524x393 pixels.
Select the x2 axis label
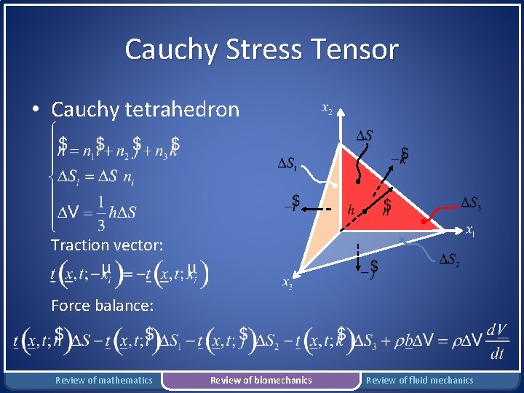327,109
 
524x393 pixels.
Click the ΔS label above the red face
364,135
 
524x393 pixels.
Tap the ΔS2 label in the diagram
448,260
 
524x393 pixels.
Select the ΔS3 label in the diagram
471,203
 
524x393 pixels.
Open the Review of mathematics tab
104,380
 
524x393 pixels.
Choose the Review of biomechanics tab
261,380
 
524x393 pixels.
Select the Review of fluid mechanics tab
419,380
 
